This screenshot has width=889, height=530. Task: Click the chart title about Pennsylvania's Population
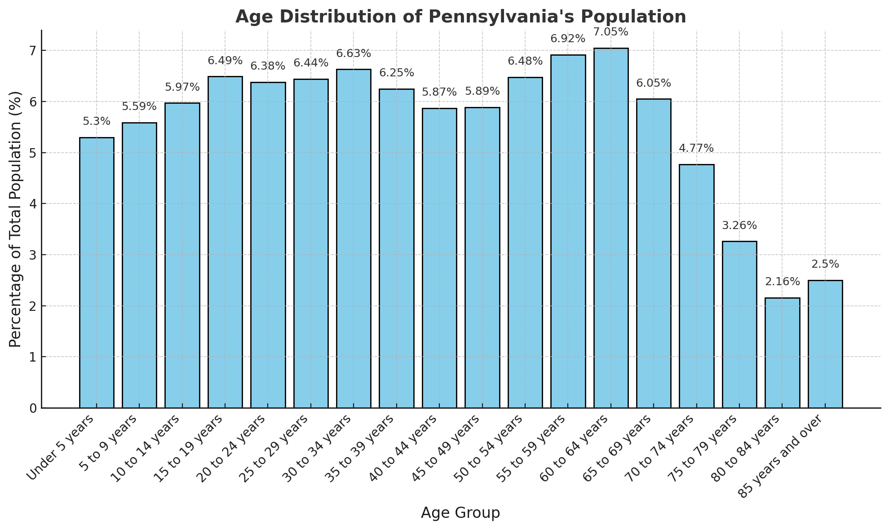tap(460, 17)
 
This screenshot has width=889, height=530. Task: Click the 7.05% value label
tap(611, 32)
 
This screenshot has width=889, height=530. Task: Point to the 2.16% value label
tap(782, 282)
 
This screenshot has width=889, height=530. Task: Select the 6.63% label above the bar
tap(354, 54)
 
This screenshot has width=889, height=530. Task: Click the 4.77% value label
tap(696, 149)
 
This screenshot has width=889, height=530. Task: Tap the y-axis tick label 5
tap(33, 153)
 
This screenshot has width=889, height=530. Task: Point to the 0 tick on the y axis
tap(33, 408)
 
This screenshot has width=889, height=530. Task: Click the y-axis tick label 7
tap(33, 51)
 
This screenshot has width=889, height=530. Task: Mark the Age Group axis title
tap(460, 513)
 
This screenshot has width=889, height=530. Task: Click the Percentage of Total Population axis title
tap(15, 219)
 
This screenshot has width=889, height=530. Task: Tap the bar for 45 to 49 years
tap(482, 258)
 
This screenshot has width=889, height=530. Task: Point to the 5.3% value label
tap(97, 122)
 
